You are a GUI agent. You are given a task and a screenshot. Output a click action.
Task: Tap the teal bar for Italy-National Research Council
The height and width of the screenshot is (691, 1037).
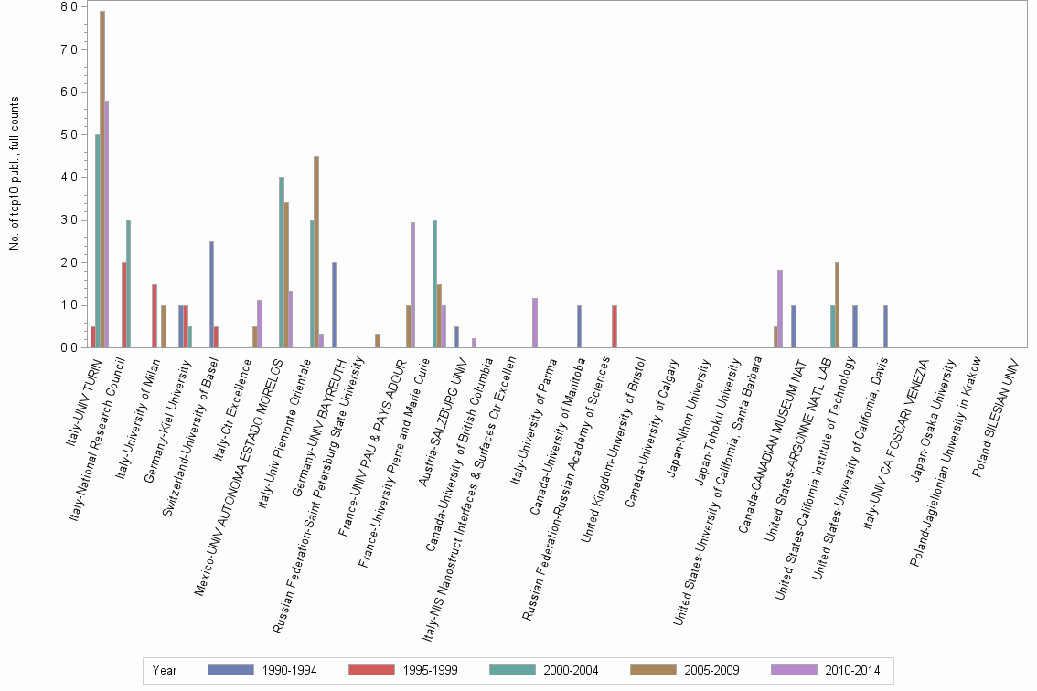click(128, 283)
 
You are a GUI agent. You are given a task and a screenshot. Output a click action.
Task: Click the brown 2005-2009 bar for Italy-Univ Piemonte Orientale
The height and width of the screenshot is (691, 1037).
click(316, 251)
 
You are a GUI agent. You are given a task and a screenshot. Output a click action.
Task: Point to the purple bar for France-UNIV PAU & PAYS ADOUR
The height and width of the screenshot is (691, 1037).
click(413, 284)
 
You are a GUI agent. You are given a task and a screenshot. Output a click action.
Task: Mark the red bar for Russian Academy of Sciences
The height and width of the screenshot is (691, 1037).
click(614, 326)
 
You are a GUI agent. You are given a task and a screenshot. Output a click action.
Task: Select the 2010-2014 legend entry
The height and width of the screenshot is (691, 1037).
click(826, 671)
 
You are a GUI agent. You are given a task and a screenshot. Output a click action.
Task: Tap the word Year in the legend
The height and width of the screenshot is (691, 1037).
click(165, 671)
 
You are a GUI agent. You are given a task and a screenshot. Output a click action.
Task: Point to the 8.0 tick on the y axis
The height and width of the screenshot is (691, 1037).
click(68, 7)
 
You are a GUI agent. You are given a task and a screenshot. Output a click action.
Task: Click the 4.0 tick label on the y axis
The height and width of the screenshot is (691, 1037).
click(68, 177)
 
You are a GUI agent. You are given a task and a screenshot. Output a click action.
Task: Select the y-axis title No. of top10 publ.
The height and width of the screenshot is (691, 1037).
click(15, 174)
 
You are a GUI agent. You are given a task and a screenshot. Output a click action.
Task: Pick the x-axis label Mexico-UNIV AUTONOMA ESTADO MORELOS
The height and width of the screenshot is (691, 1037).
click(245, 475)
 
